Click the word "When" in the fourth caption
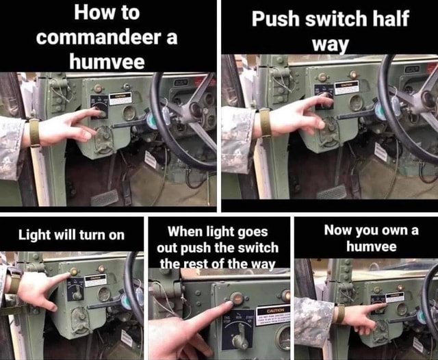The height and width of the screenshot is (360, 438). pos(185,231)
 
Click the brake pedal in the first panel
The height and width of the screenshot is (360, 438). pos(104,198)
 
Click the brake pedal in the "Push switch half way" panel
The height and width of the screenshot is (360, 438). pos(331,192)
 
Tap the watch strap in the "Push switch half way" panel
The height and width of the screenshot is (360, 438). pos(265,122)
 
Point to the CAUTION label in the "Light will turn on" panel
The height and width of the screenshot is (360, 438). pos(96,279)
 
